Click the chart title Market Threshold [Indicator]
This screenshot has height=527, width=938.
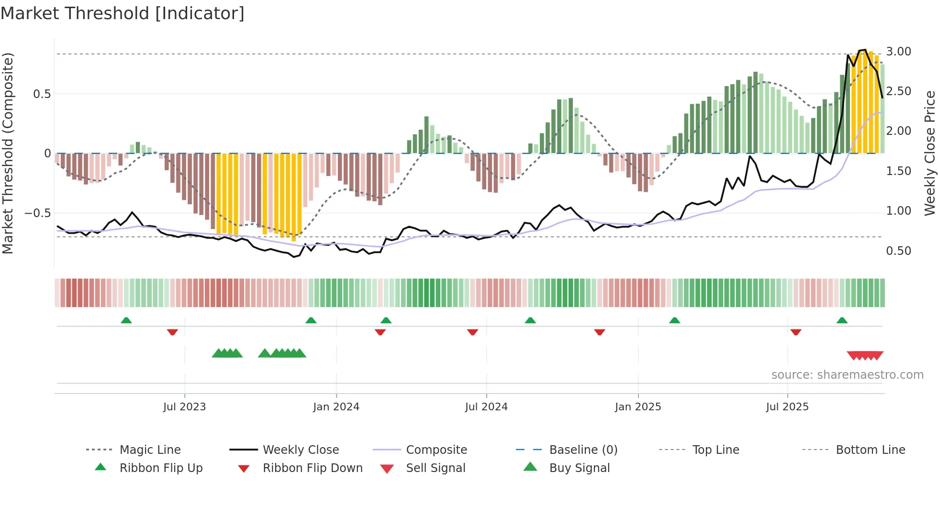(x=123, y=13)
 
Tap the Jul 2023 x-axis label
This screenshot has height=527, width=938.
(x=184, y=407)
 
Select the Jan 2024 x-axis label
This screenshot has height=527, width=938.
(x=336, y=407)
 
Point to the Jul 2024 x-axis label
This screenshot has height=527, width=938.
(x=486, y=407)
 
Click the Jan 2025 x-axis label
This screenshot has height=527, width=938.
(x=638, y=407)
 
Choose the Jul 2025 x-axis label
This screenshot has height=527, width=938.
(x=787, y=407)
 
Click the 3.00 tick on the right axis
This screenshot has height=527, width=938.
(x=898, y=52)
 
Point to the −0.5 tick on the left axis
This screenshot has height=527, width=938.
(x=37, y=213)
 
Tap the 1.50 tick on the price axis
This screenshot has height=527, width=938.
(x=898, y=171)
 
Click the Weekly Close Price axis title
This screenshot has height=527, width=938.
(x=929, y=153)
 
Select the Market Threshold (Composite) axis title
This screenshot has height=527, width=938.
(x=8, y=153)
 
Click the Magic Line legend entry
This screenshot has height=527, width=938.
(x=150, y=450)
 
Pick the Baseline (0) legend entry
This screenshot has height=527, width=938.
(x=583, y=450)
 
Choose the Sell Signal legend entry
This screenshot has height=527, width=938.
(x=435, y=468)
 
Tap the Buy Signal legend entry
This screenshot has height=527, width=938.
(x=579, y=468)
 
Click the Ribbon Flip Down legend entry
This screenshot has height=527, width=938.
(x=312, y=468)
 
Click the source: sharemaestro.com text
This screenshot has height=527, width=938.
(x=847, y=375)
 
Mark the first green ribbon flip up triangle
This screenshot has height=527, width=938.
(x=126, y=320)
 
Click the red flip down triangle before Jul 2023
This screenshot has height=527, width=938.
(x=172, y=332)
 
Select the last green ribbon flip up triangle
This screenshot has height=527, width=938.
(x=842, y=320)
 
